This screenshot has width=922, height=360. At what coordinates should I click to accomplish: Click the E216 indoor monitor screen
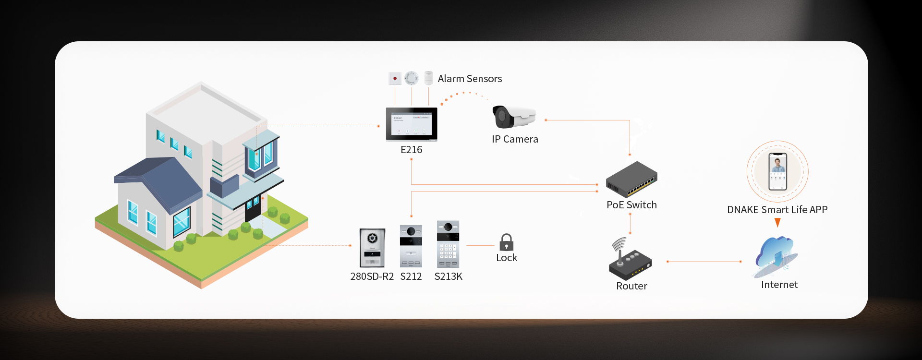pyautogui.click(x=412, y=124)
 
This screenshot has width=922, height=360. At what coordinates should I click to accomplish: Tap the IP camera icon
pyautogui.click(x=513, y=117)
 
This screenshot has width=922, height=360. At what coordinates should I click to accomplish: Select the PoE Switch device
pyautogui.click(x=631, y=180)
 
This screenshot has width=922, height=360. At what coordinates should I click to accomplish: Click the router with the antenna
pyautogui.click(x=630, y=262)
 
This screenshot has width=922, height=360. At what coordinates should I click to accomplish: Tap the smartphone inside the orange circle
pyautogui.click(x=777, y=171)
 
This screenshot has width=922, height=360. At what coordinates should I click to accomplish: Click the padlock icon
pyautogui.click(x=506, y=242)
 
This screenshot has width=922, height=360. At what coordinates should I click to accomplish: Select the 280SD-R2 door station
pyautogui.click(x=372, y=248)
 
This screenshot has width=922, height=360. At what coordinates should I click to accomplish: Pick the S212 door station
pyautogui.click(x=411, y=246)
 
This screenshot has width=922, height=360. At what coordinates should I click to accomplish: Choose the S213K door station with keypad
pyautogui.click(x=448, y=244)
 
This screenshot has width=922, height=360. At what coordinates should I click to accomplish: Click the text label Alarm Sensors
pyautogui.click(x=470, y=79)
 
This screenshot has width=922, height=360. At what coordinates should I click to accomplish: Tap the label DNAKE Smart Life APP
pyautogui.click(x=777, y=210)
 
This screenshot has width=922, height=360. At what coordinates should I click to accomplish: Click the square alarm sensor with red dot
pyautogui.click(x=395, y=78)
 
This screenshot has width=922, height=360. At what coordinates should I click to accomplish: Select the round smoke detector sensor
pyautogui.click(x=412, y=78)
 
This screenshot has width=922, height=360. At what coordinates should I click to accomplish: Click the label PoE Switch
pyautogui.click(x=631, y=205)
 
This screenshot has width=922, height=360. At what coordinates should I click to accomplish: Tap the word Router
pyautogui.click(x=631, y=286)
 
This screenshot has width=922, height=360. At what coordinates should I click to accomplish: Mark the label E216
pyautogui.click(x=412, y=150)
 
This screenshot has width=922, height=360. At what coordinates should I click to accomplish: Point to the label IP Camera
pyautogui.click(x=515, y=139)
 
